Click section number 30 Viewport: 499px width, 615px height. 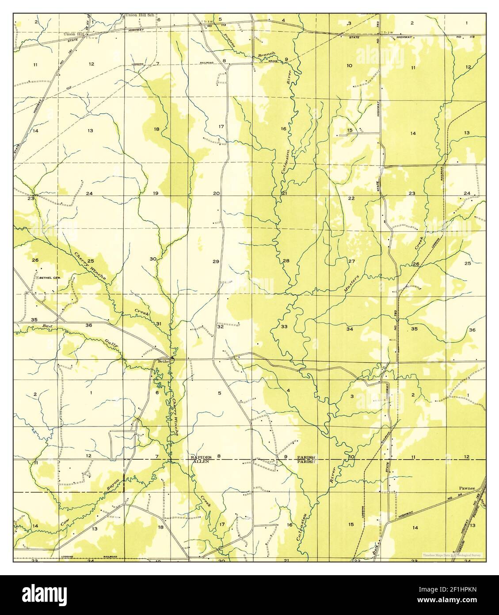(x=153, y=259)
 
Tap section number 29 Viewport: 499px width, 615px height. (x=216, y=261)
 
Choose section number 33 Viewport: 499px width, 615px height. (x=284, y=327)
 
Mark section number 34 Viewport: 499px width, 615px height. (x=350, y=329)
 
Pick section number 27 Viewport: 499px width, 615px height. (x=351, y=261)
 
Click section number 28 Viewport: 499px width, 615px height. (x=286, y=261)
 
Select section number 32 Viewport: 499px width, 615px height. (x=220, y=327)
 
